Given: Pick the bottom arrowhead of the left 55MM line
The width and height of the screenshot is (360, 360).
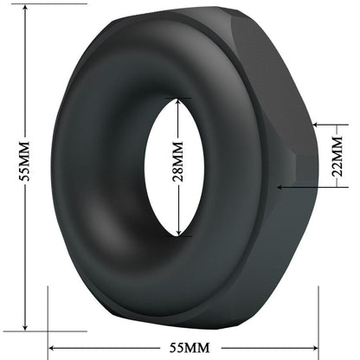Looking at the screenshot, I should pyautogui.click(x=25, y=326).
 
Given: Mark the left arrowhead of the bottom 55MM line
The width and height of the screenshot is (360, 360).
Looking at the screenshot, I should pyautogui.click(x=51, y=348).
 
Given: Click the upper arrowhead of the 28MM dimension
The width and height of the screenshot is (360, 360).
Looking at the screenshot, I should pyautogui.click(x=177, y=101).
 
